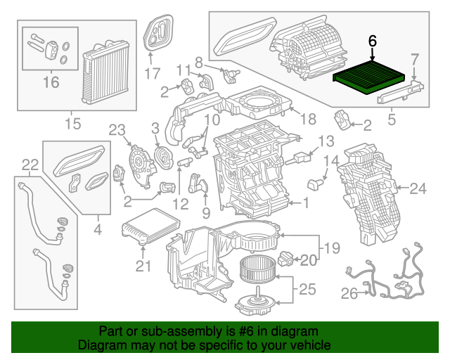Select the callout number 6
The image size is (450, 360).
click(x=373, y=41)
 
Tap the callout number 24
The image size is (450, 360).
click(x=418, y=188)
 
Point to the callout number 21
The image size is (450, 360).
click(x=143, y=265)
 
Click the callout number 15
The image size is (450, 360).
click(x=73, y=124)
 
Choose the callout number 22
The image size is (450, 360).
click(x=30, y=165)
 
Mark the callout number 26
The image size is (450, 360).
click(x=349, y=294)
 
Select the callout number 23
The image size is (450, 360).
click(x=116, y=129)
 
